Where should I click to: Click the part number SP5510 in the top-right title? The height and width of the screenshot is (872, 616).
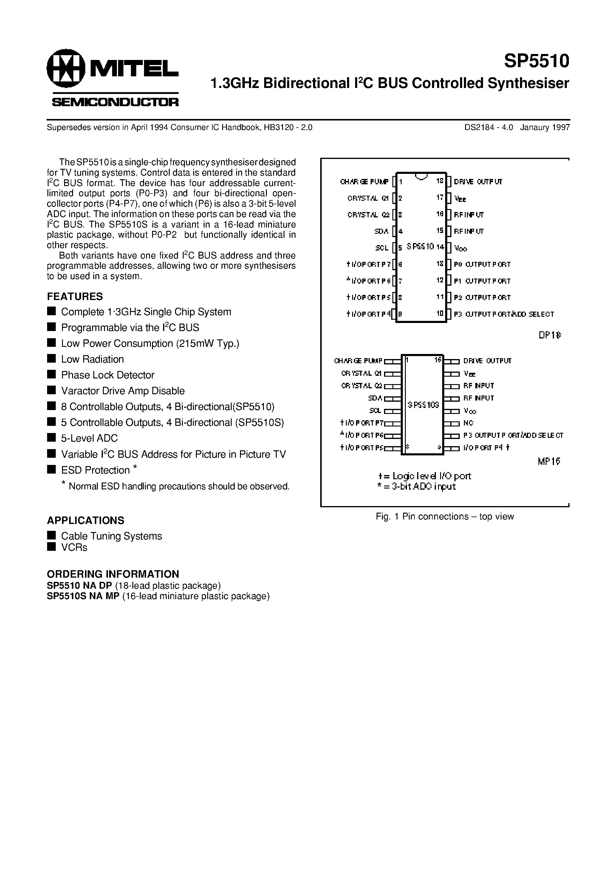click(x=537, y=61)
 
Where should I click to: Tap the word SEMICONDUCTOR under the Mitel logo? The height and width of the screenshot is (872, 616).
click(x=115, y=102)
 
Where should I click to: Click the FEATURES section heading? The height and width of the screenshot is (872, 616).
click(x=75, y=296)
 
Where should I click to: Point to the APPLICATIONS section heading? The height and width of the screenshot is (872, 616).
click(x=86, y=520)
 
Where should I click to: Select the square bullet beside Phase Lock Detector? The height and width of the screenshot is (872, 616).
click(x=51, y=375)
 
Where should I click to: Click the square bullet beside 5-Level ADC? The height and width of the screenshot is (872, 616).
click(x=51, y=437)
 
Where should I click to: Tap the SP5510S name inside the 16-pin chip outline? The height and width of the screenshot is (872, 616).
click(x=423, y=405)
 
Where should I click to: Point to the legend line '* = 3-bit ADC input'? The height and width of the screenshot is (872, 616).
click(x=416, y=486)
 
